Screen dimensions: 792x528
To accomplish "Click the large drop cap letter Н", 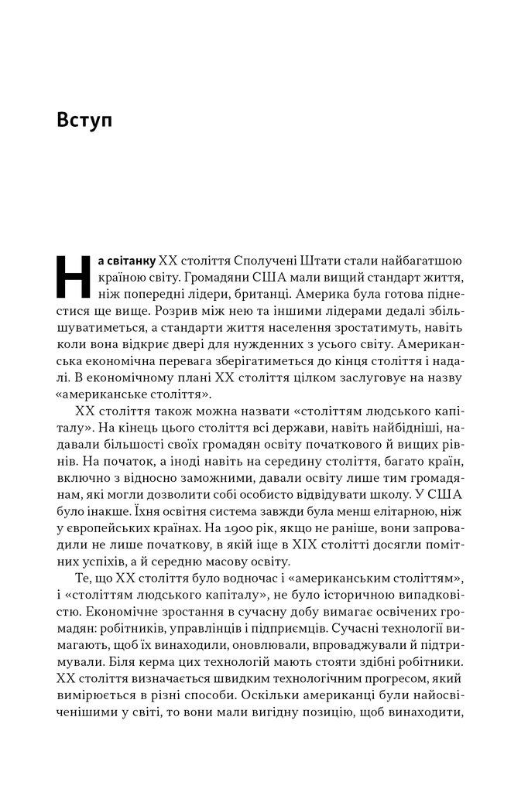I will (74, 275).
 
